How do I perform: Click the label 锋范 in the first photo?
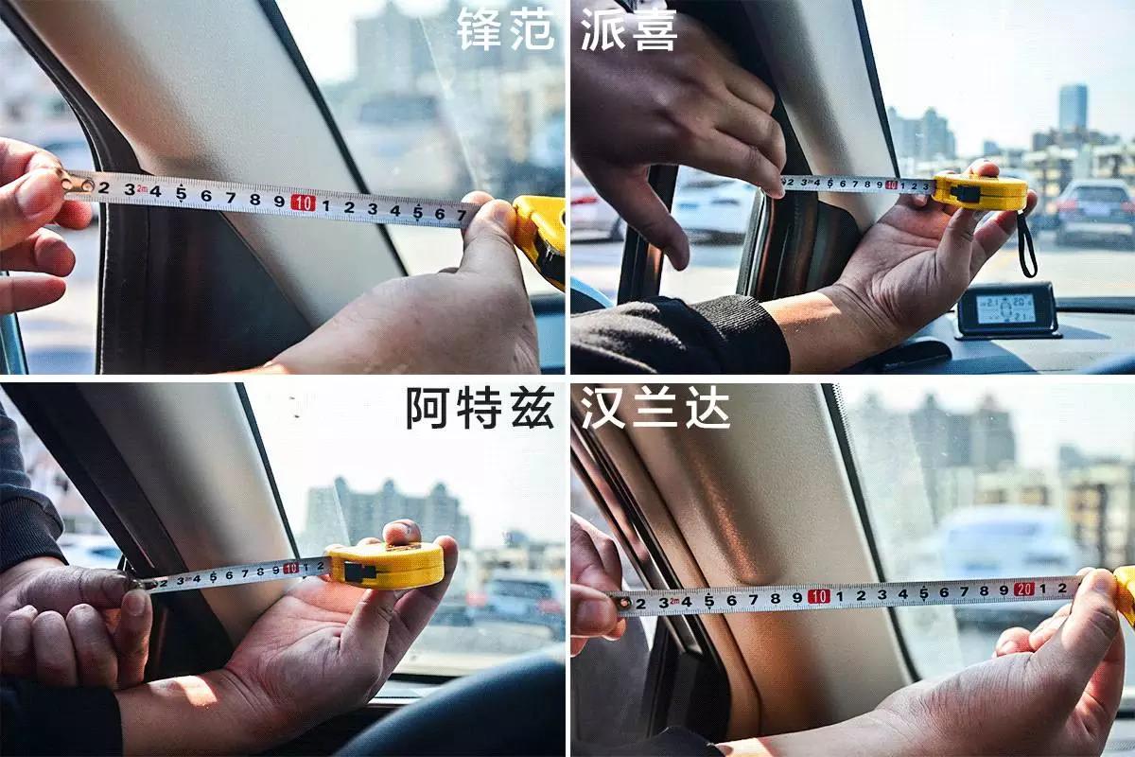coord(505,29)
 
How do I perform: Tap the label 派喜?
coord(630,29)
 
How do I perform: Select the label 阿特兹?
coord(480,408)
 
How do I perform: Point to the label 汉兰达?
coord(655,408)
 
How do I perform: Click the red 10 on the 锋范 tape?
coord(303,202)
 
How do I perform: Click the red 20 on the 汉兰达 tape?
coord(1023,589)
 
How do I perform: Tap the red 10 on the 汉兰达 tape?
coord(819,596)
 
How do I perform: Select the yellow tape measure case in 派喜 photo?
coord(980,192)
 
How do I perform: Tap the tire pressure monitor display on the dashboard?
coord(1004,308)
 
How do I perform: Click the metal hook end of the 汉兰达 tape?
coord(622,602)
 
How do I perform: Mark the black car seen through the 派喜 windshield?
coord(1093,210)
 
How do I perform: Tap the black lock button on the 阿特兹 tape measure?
coord(355,571)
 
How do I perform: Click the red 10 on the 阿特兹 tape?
coord(291,569)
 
